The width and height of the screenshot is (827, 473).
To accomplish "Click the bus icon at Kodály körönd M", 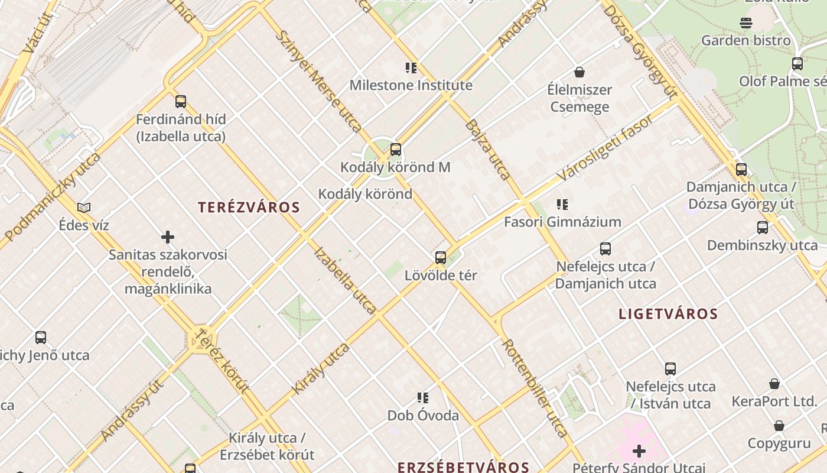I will tap(396, 150).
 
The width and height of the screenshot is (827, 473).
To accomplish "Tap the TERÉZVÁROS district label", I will tap(249, 208).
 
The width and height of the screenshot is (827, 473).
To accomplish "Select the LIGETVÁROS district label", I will tap(668, 314).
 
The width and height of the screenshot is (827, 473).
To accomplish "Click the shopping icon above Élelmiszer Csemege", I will tap(579, 72).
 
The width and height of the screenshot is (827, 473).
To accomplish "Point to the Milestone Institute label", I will tap(411, 85).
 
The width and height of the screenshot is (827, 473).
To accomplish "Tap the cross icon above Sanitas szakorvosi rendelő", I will tap(168, 237).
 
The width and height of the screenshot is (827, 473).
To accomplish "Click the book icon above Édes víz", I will tap(84, 208).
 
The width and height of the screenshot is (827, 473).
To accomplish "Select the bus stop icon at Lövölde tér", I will tap(441, 258).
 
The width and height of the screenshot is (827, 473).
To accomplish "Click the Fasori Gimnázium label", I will tap(562, 222).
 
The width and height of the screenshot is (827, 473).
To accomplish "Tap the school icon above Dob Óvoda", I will tap(423, 397).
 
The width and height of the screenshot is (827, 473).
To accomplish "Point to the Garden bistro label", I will tap(745, 41).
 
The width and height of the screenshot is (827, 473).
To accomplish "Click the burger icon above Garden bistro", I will tap(745, 23).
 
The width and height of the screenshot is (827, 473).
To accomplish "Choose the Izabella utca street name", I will tap(345, 280).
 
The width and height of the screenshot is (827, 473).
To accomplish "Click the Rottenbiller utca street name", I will tap(535, 387).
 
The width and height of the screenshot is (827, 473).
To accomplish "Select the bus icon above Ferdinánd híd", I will tap(181, 102).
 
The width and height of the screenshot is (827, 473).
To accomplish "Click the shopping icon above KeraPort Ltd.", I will tap(774, 384).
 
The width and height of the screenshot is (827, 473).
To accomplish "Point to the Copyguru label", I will tap(779, 443).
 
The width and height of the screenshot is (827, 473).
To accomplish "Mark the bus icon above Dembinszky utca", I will tap(763, 227).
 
